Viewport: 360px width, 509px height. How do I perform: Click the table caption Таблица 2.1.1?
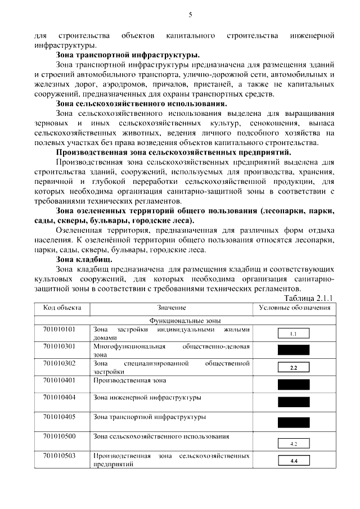[x=309, y=298]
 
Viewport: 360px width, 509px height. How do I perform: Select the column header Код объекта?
[x=62, y=308]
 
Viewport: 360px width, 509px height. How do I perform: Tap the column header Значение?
[x=172, y=308]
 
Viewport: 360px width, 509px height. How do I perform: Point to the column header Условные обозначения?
[x=294, y=308]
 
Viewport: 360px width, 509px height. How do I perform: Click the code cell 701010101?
[x=59, y=328]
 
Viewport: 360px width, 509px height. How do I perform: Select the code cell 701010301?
[x=59, y=345]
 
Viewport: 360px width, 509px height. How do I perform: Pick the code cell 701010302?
[x=59, y=363]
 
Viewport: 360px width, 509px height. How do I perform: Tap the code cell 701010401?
[x=59, y=381]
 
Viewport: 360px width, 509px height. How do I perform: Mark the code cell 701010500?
[x=59, y=436]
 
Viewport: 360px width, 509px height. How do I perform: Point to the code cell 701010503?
[x=59, y=455]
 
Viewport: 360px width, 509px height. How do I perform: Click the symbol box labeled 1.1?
[x=294, y=334]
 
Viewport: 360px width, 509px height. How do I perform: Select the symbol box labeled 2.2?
[x=294, y=368]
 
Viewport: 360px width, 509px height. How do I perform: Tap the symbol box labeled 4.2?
[x=294, y=443]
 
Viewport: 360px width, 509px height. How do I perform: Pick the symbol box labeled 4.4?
[x=294, y=461]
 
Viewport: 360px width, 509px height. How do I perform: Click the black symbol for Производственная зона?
[x=294, y=385]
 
